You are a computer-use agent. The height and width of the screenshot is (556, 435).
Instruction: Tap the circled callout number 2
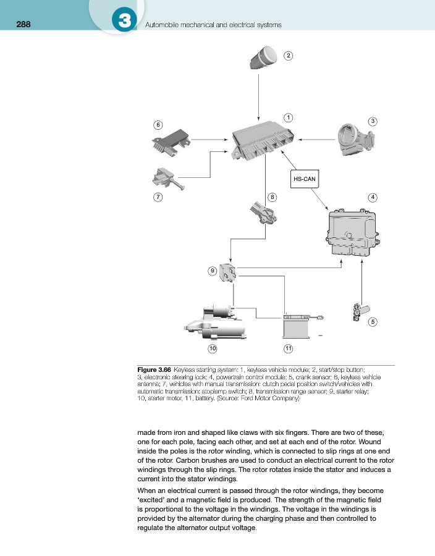(288, 56)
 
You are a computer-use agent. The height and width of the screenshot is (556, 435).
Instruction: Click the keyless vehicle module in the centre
(263, 141)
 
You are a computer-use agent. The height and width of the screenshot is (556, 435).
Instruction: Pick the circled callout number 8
(272, 196)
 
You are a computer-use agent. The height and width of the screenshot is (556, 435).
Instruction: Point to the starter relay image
(229, 272)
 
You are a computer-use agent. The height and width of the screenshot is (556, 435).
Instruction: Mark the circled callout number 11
(288, 349)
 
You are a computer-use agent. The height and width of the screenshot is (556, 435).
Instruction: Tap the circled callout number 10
(213, 349)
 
